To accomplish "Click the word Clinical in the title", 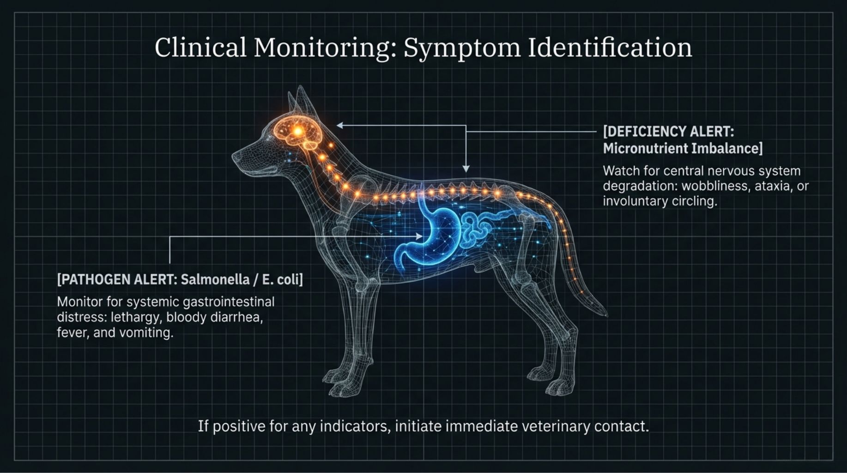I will (x=200, y=47).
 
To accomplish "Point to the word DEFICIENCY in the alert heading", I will (x=645, y=132).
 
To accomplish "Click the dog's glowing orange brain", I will (x=298, y=132).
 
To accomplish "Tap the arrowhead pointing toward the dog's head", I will (x=340, y=125).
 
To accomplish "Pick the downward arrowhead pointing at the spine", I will (x=466, y=169).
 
